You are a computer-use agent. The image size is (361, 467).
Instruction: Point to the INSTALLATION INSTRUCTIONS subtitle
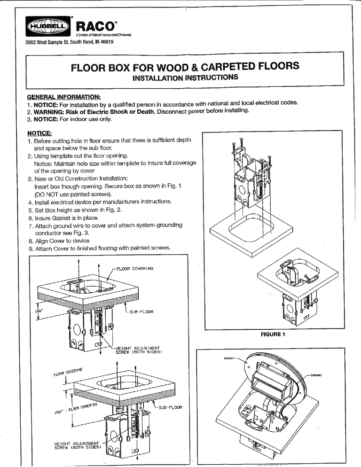click(x=185, y=77)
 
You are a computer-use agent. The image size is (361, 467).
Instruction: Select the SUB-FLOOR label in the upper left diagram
click(x=140, y=311)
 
